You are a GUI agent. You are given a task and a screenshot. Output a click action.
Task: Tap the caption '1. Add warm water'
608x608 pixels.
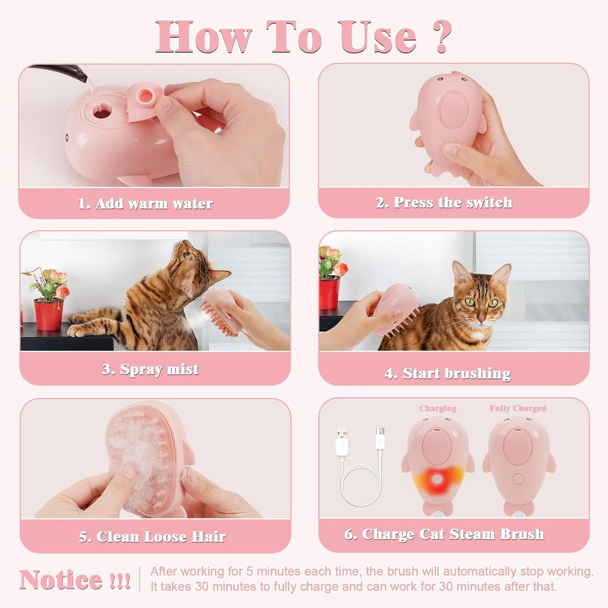pos(145,204)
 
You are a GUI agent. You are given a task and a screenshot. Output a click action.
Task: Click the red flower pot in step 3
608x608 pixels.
pos(49,314)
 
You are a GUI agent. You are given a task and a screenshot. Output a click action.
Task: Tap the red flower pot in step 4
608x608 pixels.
pos(330,293)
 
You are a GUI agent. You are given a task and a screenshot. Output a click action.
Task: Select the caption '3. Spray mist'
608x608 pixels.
pos(150,369)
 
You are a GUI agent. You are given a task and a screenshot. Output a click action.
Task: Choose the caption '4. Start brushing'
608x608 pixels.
pos(448,373)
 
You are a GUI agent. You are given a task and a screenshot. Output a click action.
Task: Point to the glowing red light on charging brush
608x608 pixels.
pos(438,479)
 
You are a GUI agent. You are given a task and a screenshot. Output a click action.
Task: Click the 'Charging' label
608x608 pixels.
pos(438,408)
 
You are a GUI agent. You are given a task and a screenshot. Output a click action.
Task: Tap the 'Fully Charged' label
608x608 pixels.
pos(518,408)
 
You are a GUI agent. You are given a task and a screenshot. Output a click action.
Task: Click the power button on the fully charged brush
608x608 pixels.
pos(518,479)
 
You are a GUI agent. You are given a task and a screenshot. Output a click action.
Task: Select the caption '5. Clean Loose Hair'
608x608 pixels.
pos(153,537)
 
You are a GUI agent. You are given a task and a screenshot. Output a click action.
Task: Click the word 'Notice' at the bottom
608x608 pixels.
pos(61,579)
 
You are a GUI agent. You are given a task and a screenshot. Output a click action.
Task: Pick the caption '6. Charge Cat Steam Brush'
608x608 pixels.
pos(444,534)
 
